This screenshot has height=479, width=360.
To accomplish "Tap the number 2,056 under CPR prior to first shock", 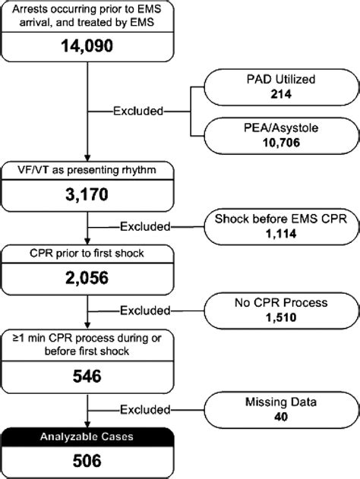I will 90,276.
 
